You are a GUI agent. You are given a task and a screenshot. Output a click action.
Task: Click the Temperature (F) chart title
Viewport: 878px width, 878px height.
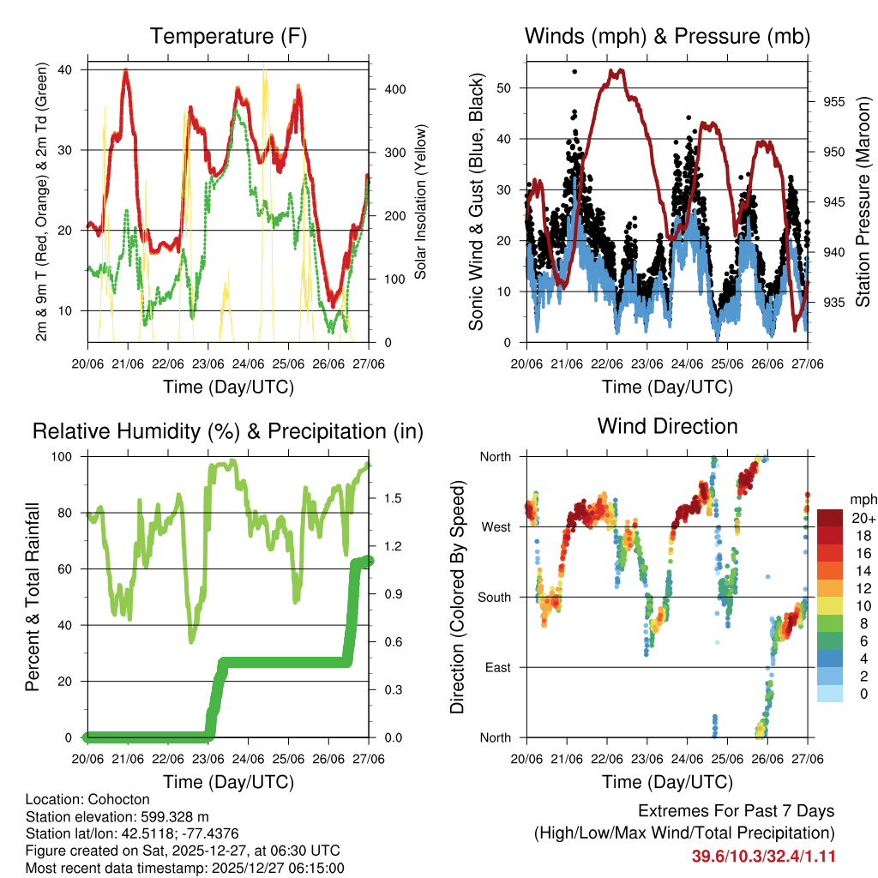(228, 36)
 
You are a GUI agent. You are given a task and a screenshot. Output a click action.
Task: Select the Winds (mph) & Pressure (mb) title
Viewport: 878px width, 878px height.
(667, 36)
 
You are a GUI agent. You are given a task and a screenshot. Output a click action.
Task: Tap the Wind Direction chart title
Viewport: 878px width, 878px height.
(667, 426)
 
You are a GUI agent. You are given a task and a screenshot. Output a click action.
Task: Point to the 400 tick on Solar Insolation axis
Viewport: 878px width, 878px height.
(388, 89)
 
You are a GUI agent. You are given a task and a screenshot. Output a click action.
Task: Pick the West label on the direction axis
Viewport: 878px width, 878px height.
(495, 526)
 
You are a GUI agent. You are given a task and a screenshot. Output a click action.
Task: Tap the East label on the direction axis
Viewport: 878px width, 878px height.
(496, 667)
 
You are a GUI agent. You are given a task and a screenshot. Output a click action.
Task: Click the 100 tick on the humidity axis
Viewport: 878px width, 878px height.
(64, 456)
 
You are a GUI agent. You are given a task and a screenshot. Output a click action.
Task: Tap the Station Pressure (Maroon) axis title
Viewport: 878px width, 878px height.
(863, 201)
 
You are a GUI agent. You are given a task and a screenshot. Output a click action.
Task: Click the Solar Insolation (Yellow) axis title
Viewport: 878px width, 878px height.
(421, 202)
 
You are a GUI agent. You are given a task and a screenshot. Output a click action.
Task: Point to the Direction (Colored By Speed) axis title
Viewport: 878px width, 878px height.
(458, 597)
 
